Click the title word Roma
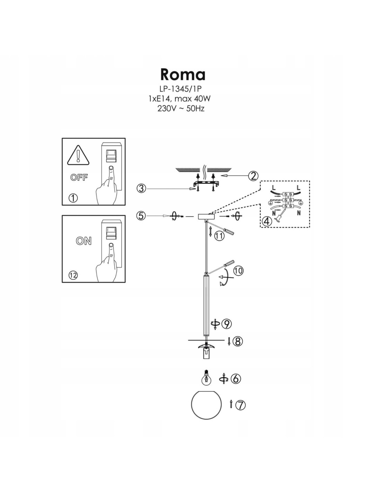[x=183, y=74]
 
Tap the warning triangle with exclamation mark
[x=78, y=155]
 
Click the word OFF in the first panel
[x=79, y=178]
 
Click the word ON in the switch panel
[x=84, y=241]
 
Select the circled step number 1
[x=73, y=198]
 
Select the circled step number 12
[x=73, y=275]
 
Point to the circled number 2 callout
[x=253, y=176]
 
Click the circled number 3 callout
[x=141, y=189]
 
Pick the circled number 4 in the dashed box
[x=267, y=221]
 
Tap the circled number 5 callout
[x=141, y=216]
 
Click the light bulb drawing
[x=206, y=378]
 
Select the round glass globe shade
[x=206, y=405]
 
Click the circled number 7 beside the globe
[x=241, y=405]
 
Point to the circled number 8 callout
[x=237, y=341]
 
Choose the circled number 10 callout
[x=238, y=270]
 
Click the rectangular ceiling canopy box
[x=206, y=216]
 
